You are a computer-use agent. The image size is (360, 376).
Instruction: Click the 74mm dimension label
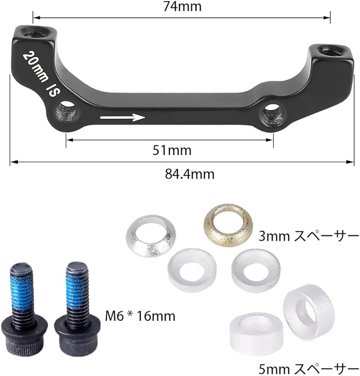182,6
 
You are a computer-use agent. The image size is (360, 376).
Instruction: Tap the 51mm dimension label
172,151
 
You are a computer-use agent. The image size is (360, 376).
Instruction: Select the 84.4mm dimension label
190,174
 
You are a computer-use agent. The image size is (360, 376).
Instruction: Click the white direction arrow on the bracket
122,117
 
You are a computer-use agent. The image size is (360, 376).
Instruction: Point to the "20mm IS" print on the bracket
41,73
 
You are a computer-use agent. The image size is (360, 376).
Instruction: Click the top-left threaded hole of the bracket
36,32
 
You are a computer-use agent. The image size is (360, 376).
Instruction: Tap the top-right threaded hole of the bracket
331,51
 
